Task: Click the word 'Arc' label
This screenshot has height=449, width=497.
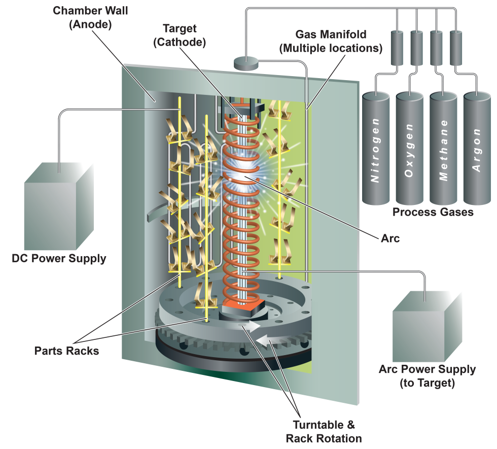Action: (x=389, y=238)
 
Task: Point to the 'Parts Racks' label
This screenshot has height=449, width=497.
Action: (x=67, y=351)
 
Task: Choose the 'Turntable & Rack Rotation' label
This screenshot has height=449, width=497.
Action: (x=324, y=431)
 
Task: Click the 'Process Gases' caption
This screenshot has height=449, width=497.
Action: (x=433, y=212)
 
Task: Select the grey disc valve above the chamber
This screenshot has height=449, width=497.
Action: (x=246, y=63)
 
